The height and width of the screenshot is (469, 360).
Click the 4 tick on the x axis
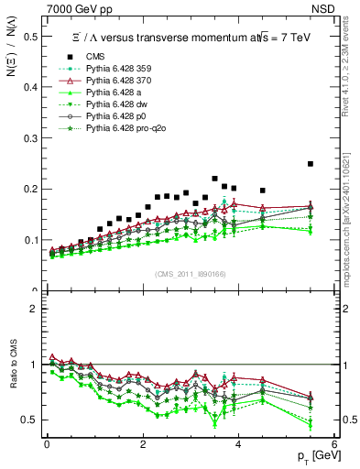[238, 443]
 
